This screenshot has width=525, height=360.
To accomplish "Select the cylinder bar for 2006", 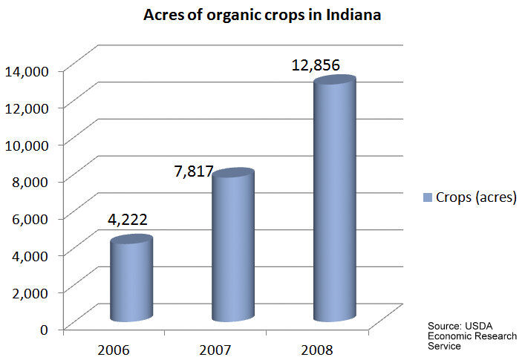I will [131, 281].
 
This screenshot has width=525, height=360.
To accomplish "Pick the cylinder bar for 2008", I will [334, 200].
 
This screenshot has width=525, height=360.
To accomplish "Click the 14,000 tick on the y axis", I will [27, 71].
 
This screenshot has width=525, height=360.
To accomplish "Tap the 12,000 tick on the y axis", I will [27, 108].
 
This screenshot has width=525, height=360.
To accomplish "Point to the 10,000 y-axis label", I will [27, 144].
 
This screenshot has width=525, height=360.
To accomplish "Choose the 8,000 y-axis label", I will [30, 180].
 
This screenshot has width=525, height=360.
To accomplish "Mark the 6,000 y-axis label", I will [30, 217].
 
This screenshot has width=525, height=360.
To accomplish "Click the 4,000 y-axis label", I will [30, 255].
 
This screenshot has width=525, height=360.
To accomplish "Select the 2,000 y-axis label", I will [30, 291].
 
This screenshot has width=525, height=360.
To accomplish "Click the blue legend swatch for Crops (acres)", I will [428, 197].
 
